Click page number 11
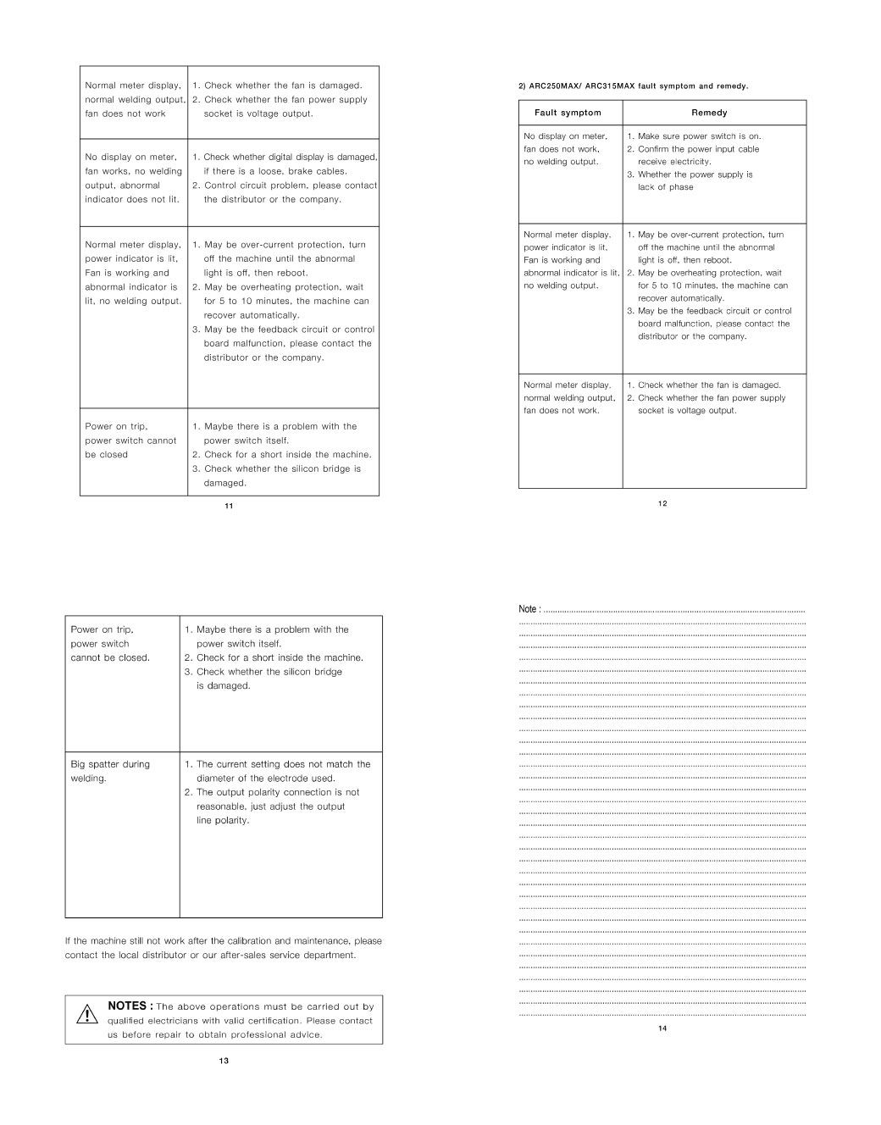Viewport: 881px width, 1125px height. (x=229, y=506)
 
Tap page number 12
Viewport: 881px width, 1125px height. (x=662, y=503)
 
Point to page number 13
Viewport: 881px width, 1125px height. (x=224, y=1061)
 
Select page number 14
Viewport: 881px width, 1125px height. (x=662, y=1028)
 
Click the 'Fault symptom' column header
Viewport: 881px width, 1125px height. (x=568, y=113)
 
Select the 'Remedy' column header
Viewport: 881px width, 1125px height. (x=709, y=113)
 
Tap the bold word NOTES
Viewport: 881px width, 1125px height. (x=128, y=1006)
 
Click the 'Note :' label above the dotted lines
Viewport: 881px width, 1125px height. (x=529, y=609)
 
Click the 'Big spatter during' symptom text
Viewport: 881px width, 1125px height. (x=110, y=764)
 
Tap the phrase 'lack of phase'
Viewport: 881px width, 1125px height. (x=665, y=187)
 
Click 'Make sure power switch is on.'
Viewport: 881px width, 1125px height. (x=699, y=136)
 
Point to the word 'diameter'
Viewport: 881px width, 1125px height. (x=216, y=779)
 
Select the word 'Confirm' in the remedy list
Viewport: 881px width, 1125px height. (x=654, y=149)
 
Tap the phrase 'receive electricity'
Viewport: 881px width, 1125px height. (x=674, y=162)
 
